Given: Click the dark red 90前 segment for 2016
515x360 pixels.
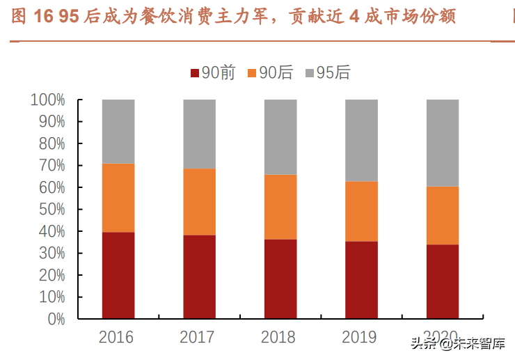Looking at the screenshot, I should pyautogui.click(x=118, y=275).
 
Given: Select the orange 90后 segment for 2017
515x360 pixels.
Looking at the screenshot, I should pyautogui.click(x=199, y=202).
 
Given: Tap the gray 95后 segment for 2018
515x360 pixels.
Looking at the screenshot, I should pyautogui.click(x=280, y=136).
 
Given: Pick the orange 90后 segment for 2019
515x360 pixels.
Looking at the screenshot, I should pyautogui.click(x=361, y=211).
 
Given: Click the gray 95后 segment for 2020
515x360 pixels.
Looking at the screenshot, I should pyautogui.click(x=443, y=143).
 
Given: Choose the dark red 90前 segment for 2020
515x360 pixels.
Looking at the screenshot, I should pyautogui.click(x=443, y=281).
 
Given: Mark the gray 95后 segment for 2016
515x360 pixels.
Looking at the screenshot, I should pyautogui.click(x=118, y=131).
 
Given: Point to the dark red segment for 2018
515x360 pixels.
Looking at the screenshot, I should pyautogui.click(x=280, y=279).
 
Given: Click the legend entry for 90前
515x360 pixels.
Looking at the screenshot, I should pyautogui.click(x=212, y=72).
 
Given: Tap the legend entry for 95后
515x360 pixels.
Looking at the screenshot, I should pyautogui.click(x=327, y=72).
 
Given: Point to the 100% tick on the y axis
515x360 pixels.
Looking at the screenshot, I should pyautogui.click(x=48, y=100).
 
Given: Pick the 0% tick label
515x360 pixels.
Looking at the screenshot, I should pyautogui.click(x=56, y=319).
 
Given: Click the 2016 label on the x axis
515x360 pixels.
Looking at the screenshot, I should pyautogui.click(x=116, y=338).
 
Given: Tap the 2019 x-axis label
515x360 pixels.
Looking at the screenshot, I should pyautogui.click(x=360, y=338).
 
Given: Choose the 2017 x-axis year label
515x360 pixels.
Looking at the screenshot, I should pyautogui.click(x=197, y=338).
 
